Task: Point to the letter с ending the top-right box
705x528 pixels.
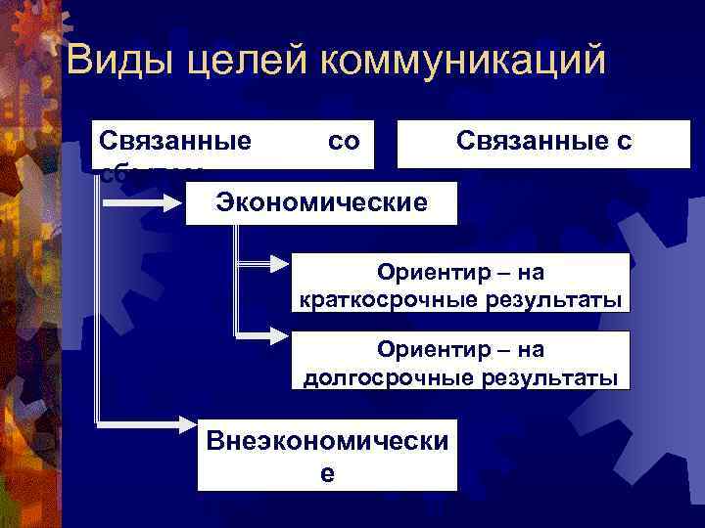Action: (625, 142)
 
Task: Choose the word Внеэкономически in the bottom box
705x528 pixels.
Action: (327, 441)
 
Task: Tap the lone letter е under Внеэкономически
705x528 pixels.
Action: (327, 473)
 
